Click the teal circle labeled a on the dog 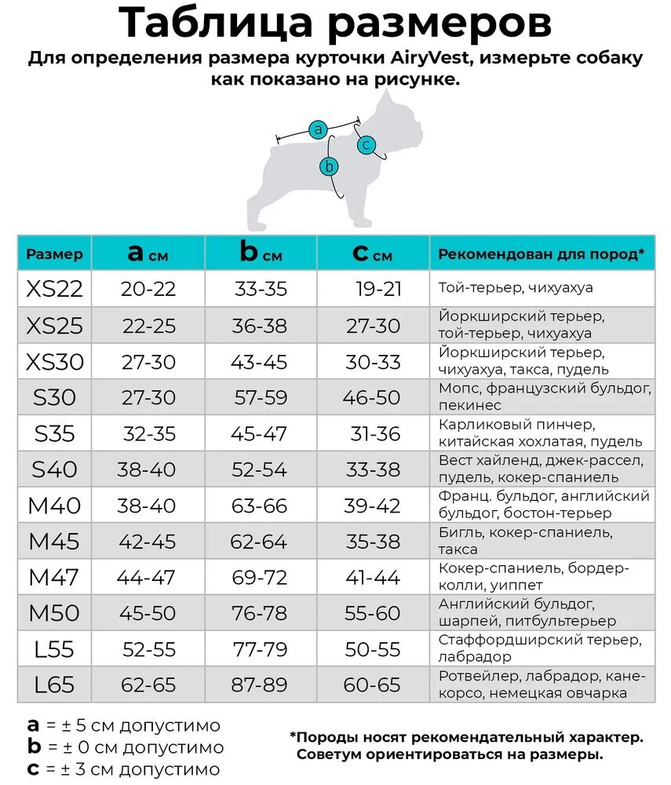coord(318,130)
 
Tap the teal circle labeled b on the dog coord(330,166)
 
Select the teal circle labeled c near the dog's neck coord(366,145)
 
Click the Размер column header coord(54,254)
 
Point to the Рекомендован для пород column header coord(541,254)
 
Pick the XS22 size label coord(54,289)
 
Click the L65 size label coord(54,685)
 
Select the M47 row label coord(54,577)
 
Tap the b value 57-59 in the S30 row coord(261,397)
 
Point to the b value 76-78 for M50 coord(261,613)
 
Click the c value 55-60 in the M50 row coord(373,613)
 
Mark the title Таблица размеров coord(335,24)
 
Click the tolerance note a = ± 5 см coord(123,725)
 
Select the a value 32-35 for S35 coord(149,433)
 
